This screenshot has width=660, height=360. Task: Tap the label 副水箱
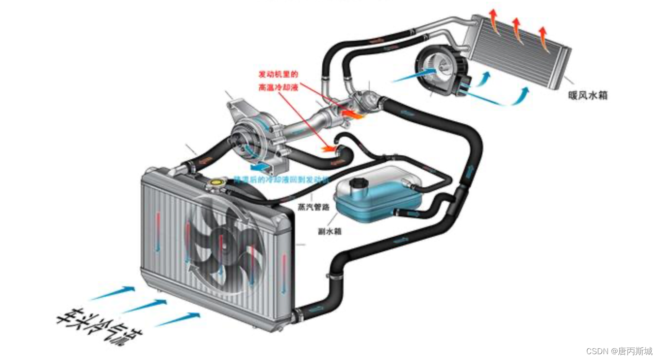click(330, 231)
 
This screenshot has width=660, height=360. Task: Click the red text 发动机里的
click(278, 74)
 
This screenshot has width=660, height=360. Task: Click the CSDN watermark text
click(619, 351)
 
